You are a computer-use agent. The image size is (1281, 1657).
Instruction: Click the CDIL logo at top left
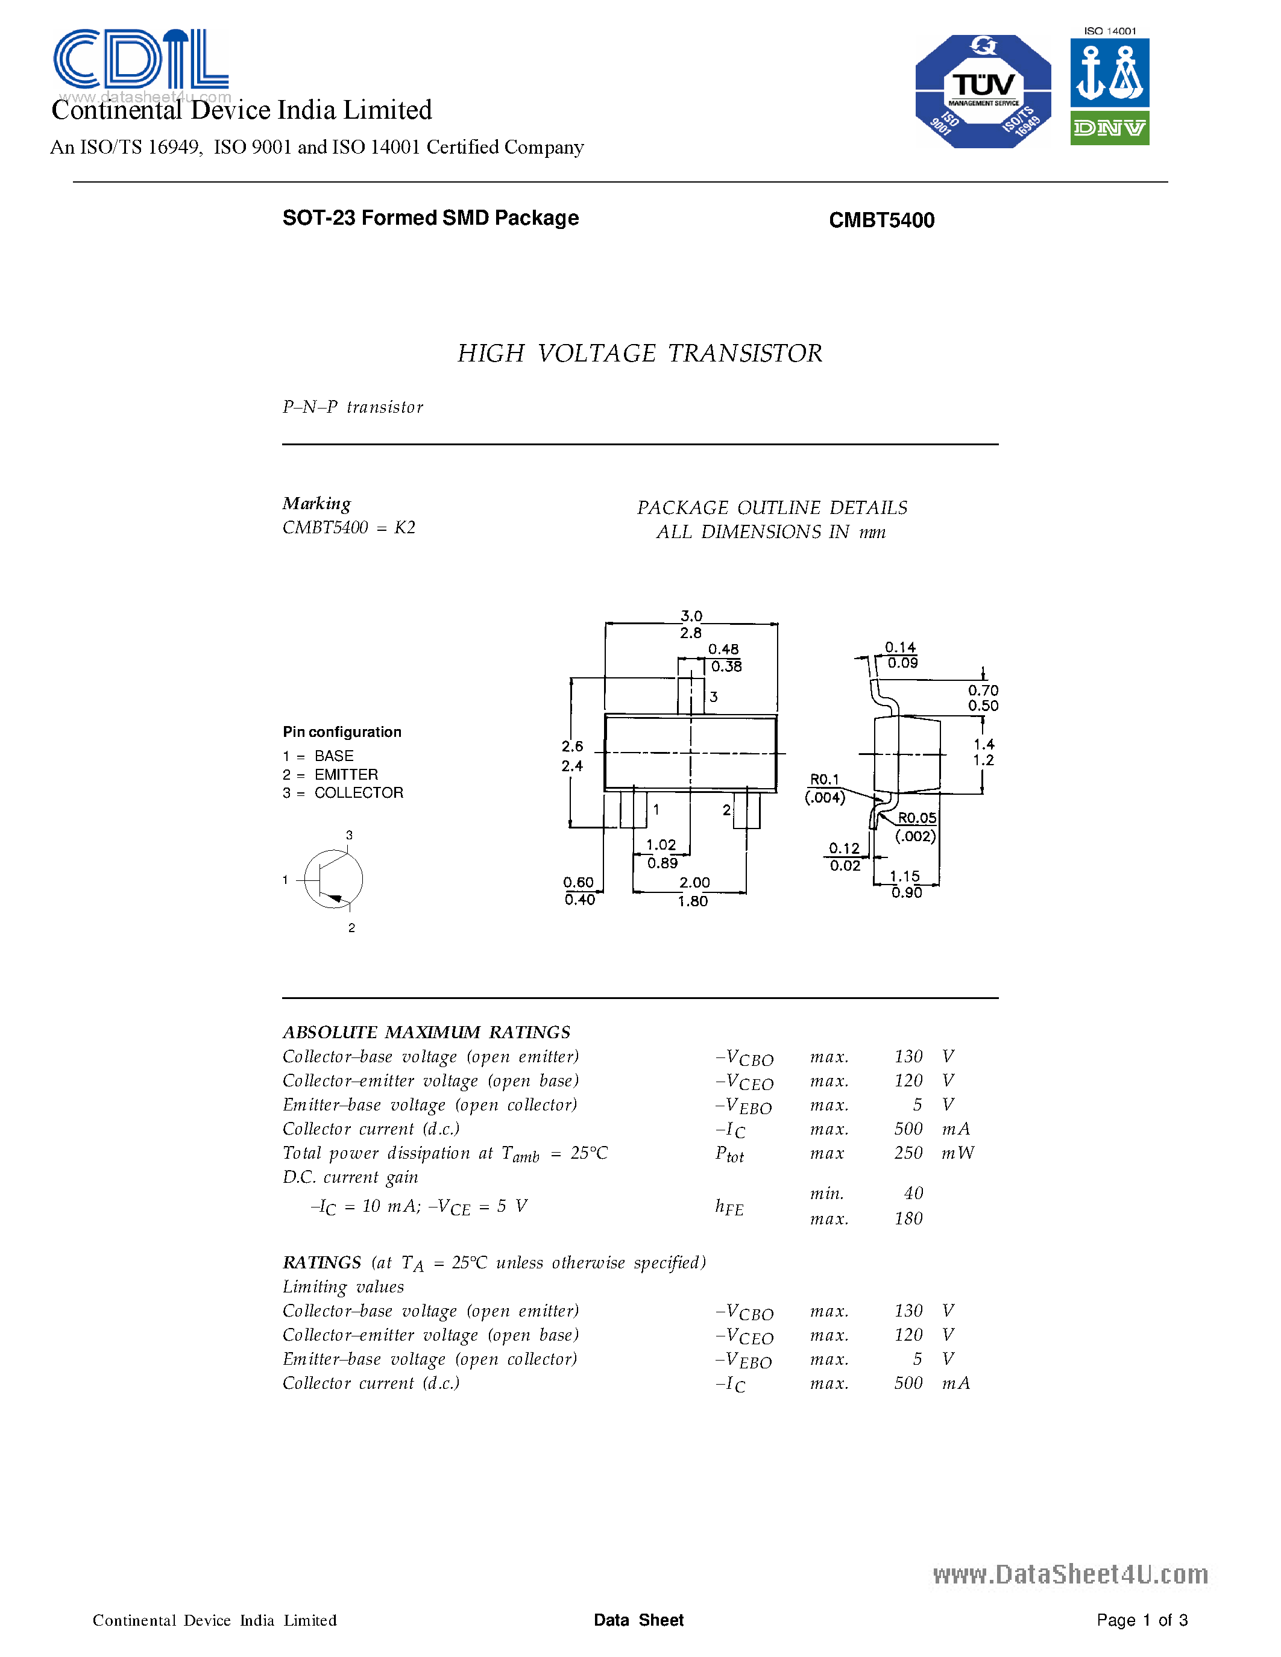pyautogui.click(x=140, y=59)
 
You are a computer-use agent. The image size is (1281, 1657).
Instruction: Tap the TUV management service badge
pyautogui.click(x=983, y=91)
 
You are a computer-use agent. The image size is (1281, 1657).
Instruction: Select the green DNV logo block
pyautogui.click(x=1109, y=128)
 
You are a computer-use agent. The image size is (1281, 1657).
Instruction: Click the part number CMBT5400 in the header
pyautogui.click(x=881, y=220)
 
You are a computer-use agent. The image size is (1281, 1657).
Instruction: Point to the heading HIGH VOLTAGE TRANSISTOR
pyautogui.click(x=640, y=354)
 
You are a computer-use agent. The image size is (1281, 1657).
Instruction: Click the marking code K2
pyautogui.click(x=404, y=527)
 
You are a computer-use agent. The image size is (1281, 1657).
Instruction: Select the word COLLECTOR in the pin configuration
pyautogui.click(x=359, y=793)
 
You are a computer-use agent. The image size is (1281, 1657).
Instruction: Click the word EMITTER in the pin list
pyautogui.click(x=346, y=775)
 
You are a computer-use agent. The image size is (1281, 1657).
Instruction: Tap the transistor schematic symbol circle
pyautogui.click(x=333, y=879)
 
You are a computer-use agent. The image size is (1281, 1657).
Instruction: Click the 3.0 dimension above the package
pyautogui.click(x=691, y=616)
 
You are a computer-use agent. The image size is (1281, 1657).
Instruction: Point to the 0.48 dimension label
pyautogui.click(x=723, y=650)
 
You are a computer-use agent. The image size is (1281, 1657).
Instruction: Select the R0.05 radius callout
pyautogui.click(x=917, y=818)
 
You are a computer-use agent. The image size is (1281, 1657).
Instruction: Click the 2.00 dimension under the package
pyautogui.click(x=694, y=882)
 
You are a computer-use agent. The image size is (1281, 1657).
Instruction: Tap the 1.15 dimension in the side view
pyautogui.click(x=905, y=876)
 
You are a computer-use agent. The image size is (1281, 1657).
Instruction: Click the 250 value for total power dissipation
pyautogui.click(x=908, y=1153)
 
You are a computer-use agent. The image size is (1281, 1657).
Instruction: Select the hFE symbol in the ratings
pyautogui.click(x=729, y=1207)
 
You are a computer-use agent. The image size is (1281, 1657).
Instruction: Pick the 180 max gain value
pyautogui.click(x=908, y=1219)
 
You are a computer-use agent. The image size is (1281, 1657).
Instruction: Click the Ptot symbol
pyautogui.click(x=729, y=1154)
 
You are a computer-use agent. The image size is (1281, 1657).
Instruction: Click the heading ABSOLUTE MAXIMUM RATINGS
pyautogui.click(x=426, y=1033)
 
